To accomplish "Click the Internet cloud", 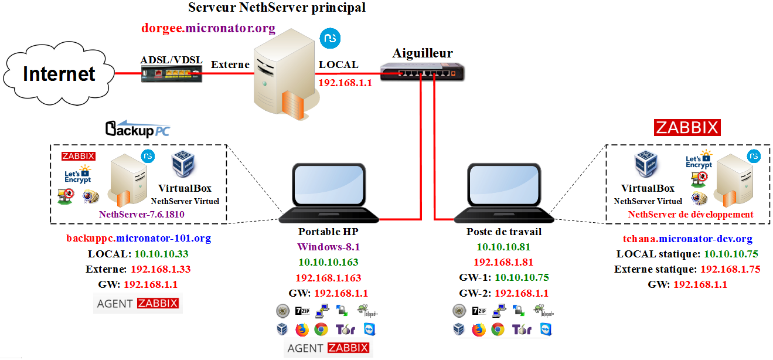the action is tap(59, 74).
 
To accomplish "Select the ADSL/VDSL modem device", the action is tap(172, 74).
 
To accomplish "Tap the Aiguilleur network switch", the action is tap(423, 72).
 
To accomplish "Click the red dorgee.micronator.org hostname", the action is tap(209, 28).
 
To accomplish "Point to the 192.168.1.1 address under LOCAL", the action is tap(345, 83).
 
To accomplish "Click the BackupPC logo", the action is tap(137, 129).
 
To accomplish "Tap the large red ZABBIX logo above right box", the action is tap(687, 127).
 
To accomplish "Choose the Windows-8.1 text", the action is tap(329, 247).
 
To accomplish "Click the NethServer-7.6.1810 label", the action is tap(141, 215).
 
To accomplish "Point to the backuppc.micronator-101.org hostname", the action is tap(139, 238).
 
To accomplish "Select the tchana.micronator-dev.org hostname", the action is tap(687, 239).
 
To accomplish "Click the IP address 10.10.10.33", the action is tap(161, 254).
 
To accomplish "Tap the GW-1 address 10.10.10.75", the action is tap(522, 277).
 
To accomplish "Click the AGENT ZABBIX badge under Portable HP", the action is tap(328, 348).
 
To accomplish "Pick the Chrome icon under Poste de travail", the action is tap(498, 330).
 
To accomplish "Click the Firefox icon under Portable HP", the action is tap(302, 330).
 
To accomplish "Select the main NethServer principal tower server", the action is tap(285, 74).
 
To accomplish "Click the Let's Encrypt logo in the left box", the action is tap(78, 174).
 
